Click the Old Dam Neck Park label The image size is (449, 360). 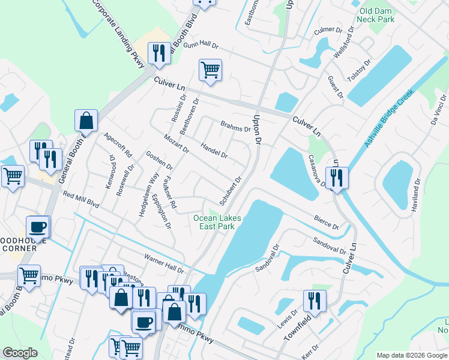click(x=377, y=15)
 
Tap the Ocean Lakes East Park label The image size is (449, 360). click(x=217, y=222)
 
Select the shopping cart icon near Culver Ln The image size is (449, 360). click(x=210, y=71)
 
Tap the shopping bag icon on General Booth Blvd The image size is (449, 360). click(x=86, y=121)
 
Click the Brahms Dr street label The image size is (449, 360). click(x=235, y=126)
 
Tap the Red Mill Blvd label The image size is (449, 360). click(x=80, y=199)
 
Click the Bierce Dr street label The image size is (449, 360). click(x=326, y=222)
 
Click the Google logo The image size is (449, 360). click(x=20, y=353)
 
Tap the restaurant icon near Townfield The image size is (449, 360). click(x=314, y=301)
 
